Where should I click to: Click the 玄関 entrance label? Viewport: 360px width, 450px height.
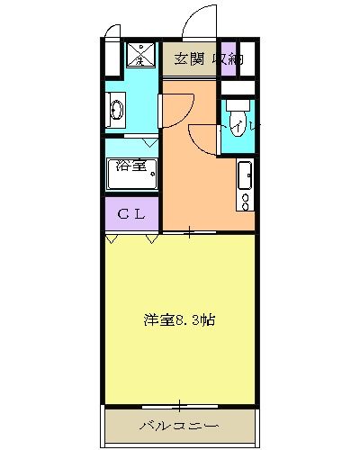(190, 59)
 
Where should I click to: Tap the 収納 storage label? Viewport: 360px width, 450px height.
(229, 59)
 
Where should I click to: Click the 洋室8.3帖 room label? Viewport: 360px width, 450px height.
(180, 319)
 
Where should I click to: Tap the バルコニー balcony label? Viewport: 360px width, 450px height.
(179, 425)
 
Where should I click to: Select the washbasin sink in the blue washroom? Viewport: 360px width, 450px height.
(117, 112)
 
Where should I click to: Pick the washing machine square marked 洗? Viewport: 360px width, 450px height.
(140, 56)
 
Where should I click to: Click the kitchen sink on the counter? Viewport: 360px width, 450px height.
(243, 172)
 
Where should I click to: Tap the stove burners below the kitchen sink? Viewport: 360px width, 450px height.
(243, 198)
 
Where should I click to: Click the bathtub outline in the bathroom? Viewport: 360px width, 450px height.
(132, 173)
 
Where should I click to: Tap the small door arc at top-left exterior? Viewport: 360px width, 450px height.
(111, 31)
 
